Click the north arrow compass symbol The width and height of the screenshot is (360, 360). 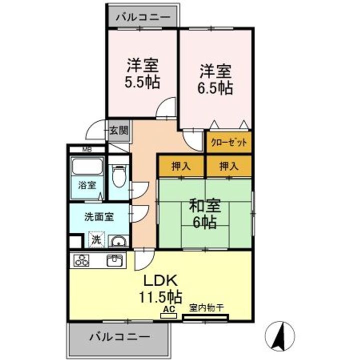[279, 335]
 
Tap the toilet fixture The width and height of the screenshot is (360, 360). [119, 175]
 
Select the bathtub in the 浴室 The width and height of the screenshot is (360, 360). [87, 166]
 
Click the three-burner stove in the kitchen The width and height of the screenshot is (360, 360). [81, 260]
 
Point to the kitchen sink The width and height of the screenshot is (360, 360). [115, 260]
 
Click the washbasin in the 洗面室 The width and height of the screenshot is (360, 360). [118, 241]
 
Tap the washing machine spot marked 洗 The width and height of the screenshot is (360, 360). [96, 239]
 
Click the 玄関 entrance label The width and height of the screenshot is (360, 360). [118, 131]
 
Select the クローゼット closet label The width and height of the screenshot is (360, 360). [229, 142]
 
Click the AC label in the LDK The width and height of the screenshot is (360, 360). [169, 309]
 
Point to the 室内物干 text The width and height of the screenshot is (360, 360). [206, 307]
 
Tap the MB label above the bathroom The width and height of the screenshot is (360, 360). [87, 149]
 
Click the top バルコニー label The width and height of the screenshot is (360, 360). [143, 17]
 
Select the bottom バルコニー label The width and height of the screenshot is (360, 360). [120, 337]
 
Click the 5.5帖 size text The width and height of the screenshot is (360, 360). [142, 82]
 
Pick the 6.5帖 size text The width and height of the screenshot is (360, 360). [215, 87]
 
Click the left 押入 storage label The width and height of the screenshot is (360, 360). [181, 166]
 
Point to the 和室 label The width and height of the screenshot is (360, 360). [205, 205]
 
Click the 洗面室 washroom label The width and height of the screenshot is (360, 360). [99, 216]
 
